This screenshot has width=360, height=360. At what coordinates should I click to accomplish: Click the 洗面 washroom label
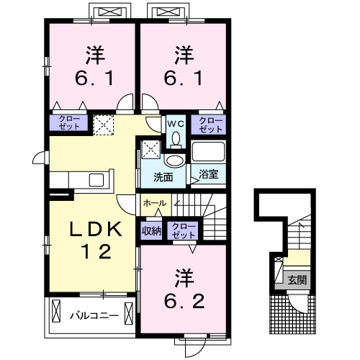click(x=162, y=176)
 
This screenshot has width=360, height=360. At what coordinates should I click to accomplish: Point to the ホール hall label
click(x=155, y=204)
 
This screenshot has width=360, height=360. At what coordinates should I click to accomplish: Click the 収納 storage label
click(x=151, y=230)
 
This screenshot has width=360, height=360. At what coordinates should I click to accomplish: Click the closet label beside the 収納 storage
click(x=184, y=230)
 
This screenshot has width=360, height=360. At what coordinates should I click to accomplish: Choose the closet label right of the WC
click(x=211, y=124)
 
